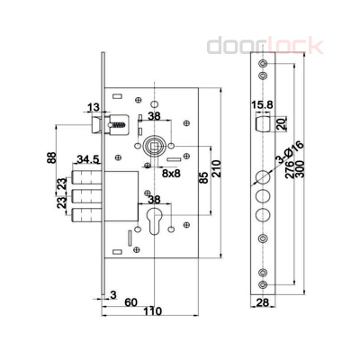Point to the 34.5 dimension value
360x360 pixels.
pos(87,158)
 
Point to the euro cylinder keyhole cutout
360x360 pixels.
pos(155,224)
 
